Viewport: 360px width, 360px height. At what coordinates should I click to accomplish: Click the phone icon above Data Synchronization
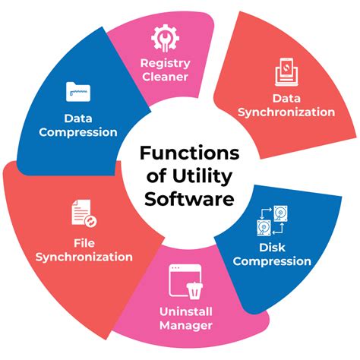tap(285, 72)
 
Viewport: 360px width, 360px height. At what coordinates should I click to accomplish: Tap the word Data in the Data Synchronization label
tap(286, 98)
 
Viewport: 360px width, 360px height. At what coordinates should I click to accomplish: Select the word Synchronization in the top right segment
tap(286, 112)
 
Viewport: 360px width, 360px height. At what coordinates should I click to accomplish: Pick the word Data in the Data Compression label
tap(79, 118)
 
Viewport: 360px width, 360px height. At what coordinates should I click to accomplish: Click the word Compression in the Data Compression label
tap(79, 132)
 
